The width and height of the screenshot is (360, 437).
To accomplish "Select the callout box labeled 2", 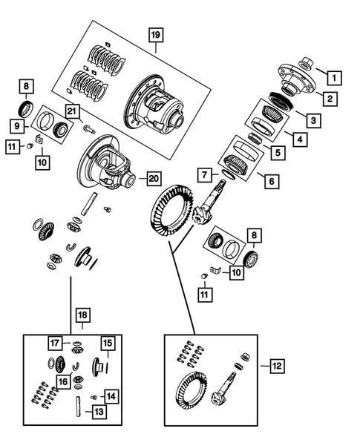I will tap(327, 96).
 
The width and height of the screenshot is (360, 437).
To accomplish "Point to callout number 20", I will tap(154, 178).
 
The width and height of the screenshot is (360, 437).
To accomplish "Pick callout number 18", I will tap(81, 315).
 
